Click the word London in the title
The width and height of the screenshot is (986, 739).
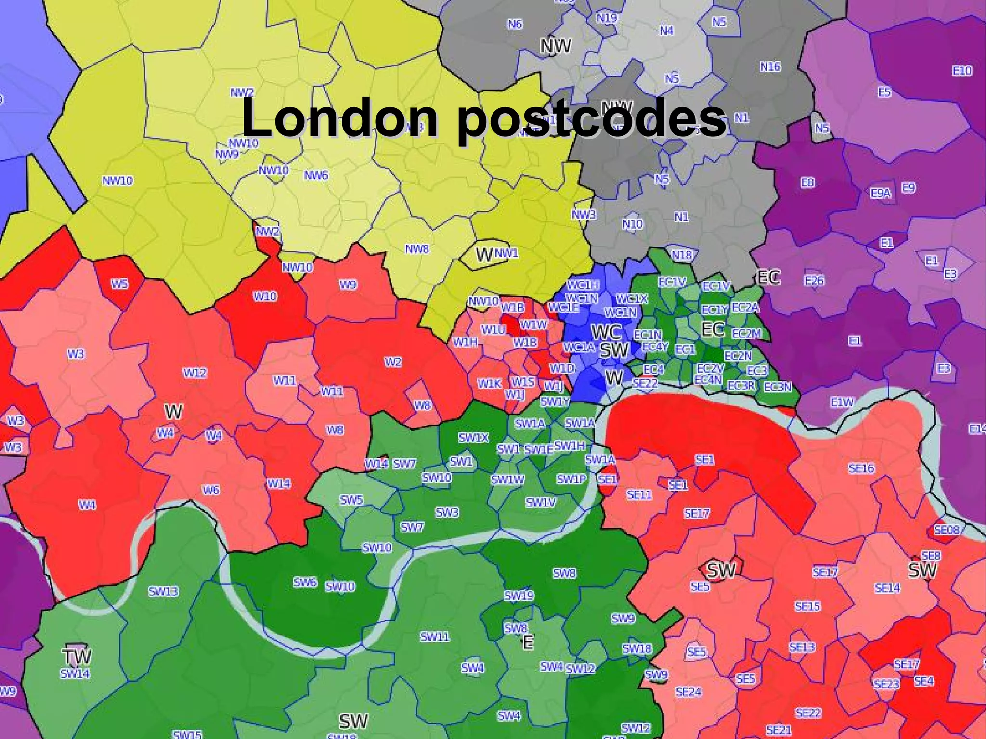pyautogui.click(x=339, y=117)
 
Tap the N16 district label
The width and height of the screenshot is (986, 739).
pyautogui.click(x=770, y=66)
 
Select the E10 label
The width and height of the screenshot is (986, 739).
pyautogui.click(x=962, y=71)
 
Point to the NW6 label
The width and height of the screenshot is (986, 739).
pyautogui.click(x=316, y=176)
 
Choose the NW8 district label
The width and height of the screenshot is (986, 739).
pyautogui.click(x=416, y=249)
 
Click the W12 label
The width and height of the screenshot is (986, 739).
pyautogui.click(x=195, y=373)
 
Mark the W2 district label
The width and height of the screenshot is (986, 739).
pyautogui.click(x=393, y=362)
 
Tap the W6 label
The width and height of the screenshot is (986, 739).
pyautogui.click(x=210, y=490)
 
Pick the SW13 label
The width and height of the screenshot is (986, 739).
pyautogui.click(x=163, y=592)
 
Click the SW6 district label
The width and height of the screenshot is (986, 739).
pyautogui.click(x=305, y=583)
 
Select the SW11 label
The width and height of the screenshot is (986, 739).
pyautogui.click(x=434, y=637)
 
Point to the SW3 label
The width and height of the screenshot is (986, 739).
pyautogui.click(x=447, y=513)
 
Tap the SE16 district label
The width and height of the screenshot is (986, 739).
pyautogui.click(x=861, y=468)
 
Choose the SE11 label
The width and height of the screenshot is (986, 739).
pyautogui.click(x=639, y=494)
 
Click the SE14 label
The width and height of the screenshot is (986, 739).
pyautogui.click(x=887, y=588)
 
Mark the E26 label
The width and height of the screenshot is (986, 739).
pyautogui.click(x=814, y=280)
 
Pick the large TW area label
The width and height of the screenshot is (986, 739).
pyautogui.click(x=77, y=657)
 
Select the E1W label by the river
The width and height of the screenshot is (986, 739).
pyautogui.click(x=842, y=402)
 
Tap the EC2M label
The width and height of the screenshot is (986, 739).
pyautogui.click(x=746, y=334)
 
